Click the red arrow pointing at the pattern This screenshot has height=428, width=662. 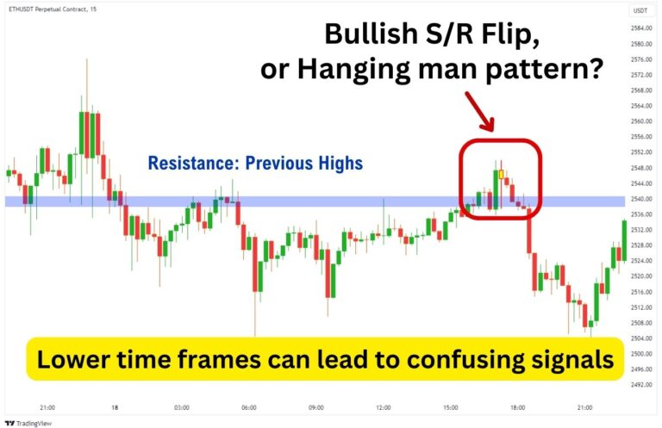pos(480,111)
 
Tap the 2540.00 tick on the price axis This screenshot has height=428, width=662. pos(640,199)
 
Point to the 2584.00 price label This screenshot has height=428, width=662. pos(640,29)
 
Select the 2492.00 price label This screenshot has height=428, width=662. pos(640,384)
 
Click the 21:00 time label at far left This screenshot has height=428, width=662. pos(47,406)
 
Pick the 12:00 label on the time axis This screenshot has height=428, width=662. pos(383,406)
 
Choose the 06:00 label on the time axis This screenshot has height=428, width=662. pos(248,406)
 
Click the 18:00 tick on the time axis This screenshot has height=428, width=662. pos(517,406)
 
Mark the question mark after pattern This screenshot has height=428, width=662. pos(593,69)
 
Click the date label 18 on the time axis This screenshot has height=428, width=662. pos(114,406)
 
